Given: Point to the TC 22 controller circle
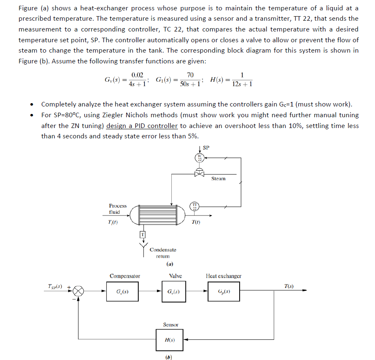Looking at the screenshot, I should [x=200, y=158].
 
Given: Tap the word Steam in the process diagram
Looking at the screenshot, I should [x=218, y=179].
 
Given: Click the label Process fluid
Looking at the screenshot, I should [x=118, y=209].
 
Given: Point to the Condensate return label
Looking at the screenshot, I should [x=163, y=253].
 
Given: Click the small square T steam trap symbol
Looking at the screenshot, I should [x=142, y=235].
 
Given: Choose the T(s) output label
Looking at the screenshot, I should [x=289, y=286].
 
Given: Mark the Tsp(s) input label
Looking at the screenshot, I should [x=56, y=285].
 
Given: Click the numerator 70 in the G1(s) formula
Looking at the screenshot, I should [x=190, y=75].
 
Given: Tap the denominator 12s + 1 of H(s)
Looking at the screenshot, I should [x=243, y=84].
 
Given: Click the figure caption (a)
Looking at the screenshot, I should [x=169, y=264].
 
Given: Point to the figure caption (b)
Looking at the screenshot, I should [x=168, y=357].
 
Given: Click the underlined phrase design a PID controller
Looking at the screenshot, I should [x=142, y=126].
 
